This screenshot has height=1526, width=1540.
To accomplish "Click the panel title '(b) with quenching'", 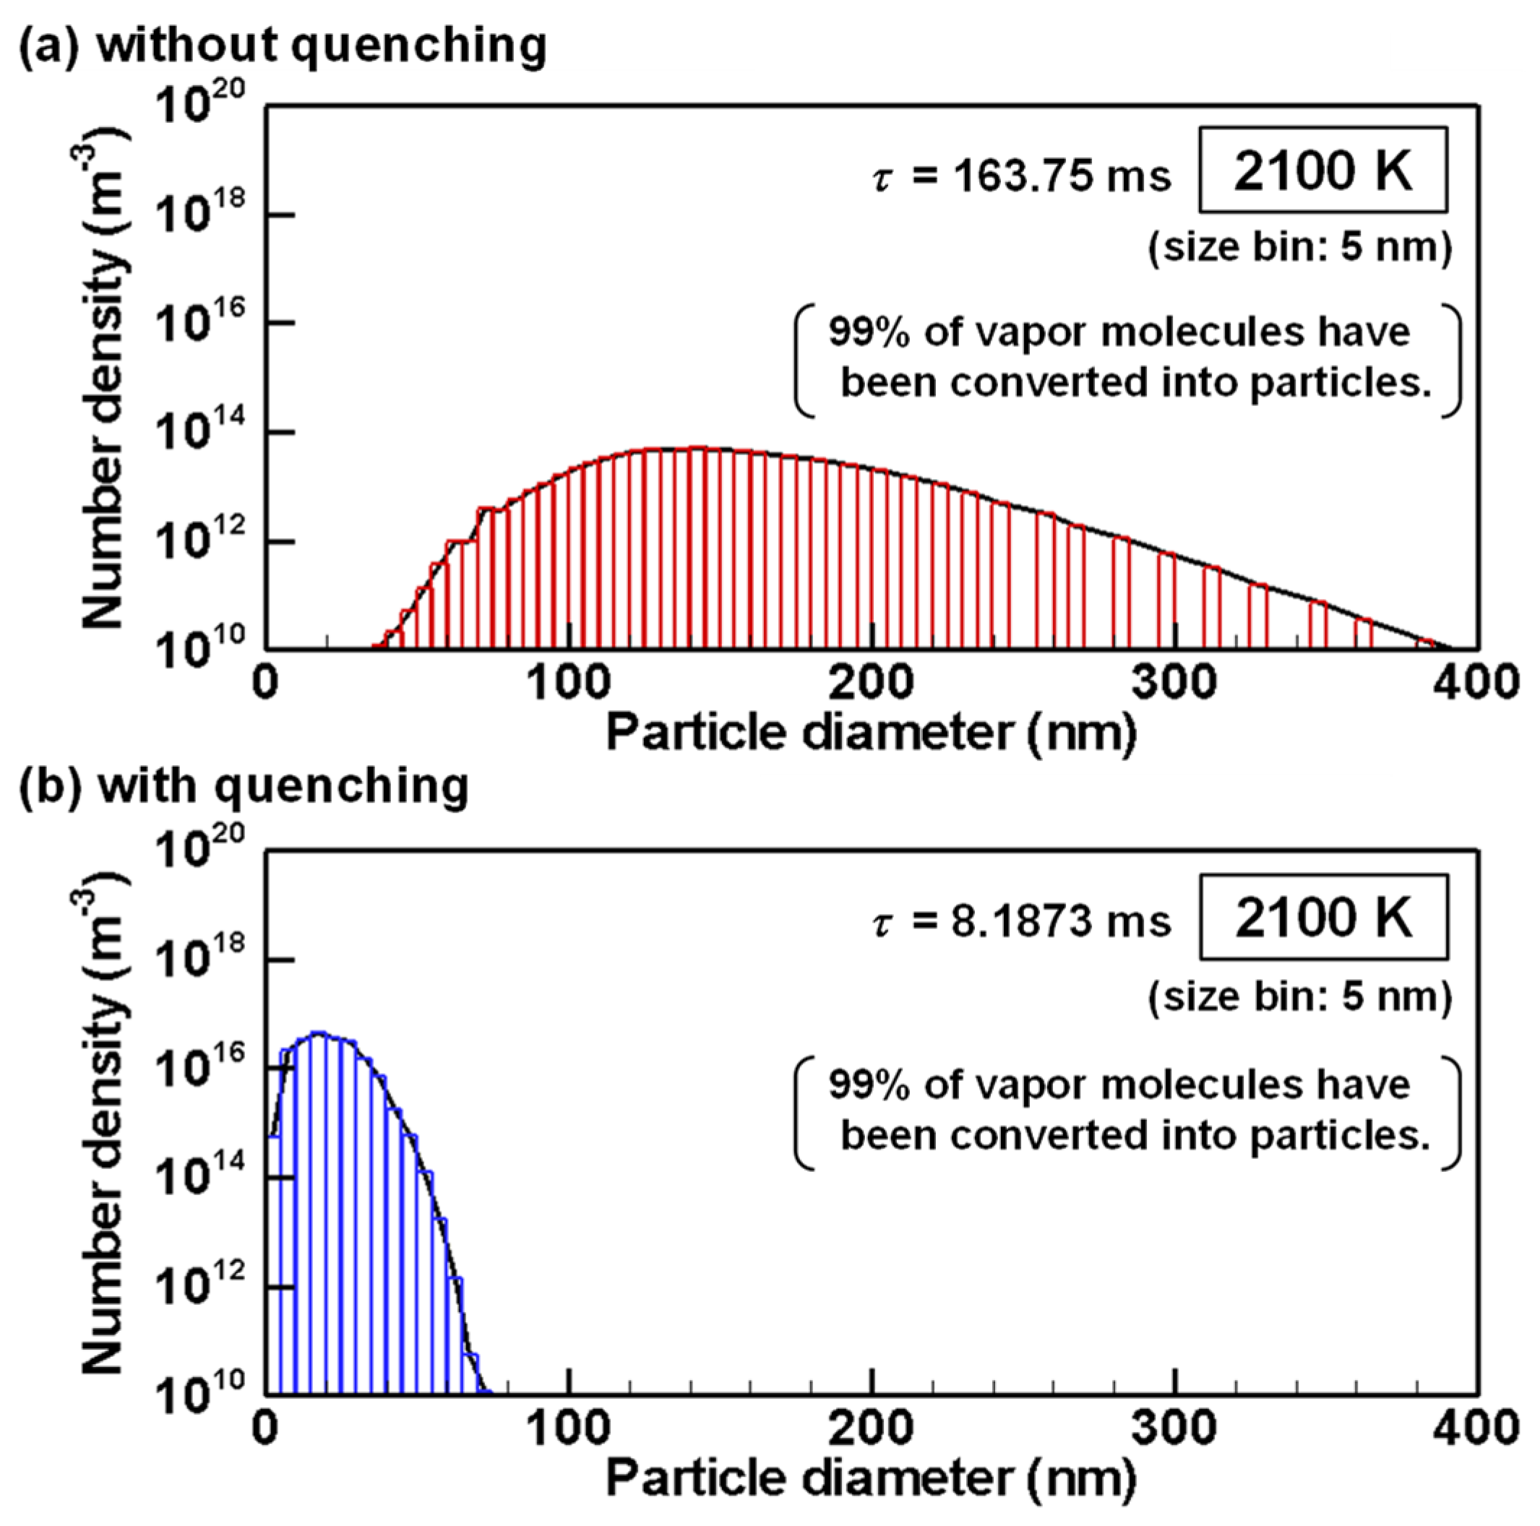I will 243,787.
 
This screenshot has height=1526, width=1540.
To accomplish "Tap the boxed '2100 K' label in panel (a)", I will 1322,171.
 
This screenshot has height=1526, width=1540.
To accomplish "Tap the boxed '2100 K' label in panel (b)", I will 1323,917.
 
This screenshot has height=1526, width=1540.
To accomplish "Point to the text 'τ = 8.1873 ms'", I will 1022,922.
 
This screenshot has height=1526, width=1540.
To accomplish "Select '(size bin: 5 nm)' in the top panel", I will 1299,248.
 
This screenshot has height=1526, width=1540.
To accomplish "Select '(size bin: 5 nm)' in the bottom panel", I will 1299,996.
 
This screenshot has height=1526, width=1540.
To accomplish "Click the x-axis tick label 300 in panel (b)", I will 1175,1428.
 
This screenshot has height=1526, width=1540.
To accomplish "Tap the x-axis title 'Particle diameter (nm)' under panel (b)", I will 872,1479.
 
